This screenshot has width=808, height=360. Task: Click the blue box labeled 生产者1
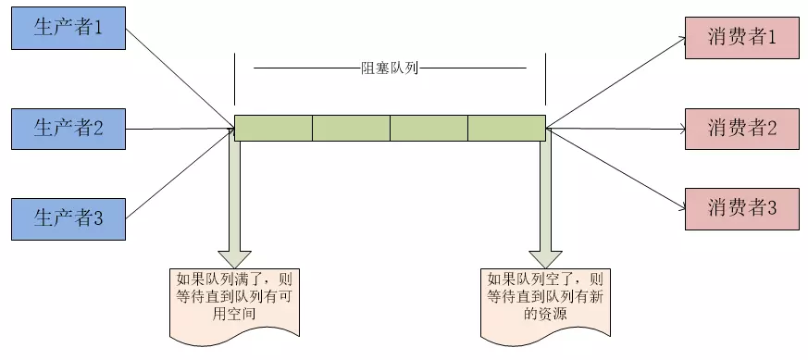click(68, 27)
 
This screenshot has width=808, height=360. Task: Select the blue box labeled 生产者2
click(68, 128)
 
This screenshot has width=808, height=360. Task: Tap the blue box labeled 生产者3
click(68, 217)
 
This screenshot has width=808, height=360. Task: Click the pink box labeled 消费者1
click(740, 39)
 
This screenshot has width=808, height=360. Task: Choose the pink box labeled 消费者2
click(740, 128)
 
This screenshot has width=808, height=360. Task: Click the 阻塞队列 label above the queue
click(390, 68)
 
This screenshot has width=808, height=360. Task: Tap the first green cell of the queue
click(273, 128)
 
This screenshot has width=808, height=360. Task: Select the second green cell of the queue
click(351, 128)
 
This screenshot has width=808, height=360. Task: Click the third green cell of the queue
click(429, 128)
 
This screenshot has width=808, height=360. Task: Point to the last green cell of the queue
click(506, 128)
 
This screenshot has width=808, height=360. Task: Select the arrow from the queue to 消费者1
click(615, 83)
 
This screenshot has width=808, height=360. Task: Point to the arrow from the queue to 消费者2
click(615, 128)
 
